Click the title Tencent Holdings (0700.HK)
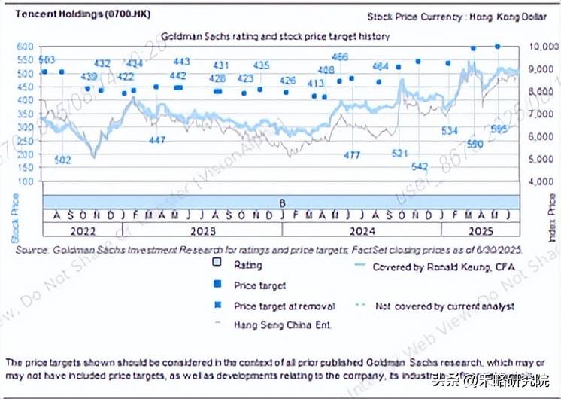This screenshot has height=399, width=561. coord(61,14)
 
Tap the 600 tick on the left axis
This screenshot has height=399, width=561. coord(26,47)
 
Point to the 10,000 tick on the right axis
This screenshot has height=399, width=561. coord(542,47)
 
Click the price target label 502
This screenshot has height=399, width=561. coord(63,160)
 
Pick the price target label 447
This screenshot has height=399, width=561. coord(157,141)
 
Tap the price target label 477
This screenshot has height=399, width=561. coord(352,154)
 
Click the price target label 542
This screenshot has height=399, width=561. coord(420,166)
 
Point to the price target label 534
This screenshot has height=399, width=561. coord(450,131)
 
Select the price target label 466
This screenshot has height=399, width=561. coord(340,56)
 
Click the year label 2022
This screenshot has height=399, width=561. coord(80,229)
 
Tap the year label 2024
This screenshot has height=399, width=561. coord(360,229)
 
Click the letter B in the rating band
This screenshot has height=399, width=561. coord(282,202)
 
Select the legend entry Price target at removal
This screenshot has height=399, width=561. coord(284,306)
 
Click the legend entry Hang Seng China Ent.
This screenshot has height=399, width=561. coord(283,324)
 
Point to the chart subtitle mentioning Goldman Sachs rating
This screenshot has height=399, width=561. coord(275,35)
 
